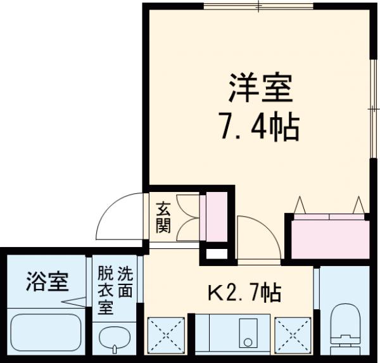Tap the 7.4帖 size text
pyautogui.click(x=259, y=128)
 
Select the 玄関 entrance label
pyautogui.click(x=163, y=217)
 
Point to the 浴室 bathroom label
pyautogui.click(x=47, y=281)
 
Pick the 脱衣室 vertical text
pyautogui.click(x=105, y=292)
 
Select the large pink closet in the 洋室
pyautogui.click(x=329, y=236)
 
